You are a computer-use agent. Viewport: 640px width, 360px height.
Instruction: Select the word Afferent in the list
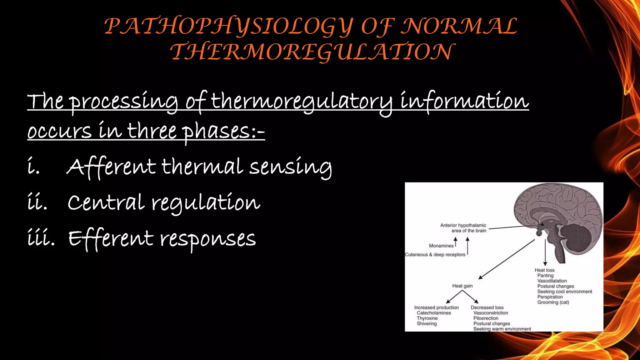click(x=111, y=167)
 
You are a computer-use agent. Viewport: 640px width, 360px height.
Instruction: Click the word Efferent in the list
click(x=111, y=239)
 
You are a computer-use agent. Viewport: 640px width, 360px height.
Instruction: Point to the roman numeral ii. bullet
click(x=37, y=203)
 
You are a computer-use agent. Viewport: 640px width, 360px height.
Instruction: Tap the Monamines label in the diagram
click(x=441, y=246)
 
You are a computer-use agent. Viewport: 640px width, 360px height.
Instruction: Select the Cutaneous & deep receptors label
click(x=435, y=255)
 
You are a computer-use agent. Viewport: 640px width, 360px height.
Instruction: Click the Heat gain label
click(x=462, y=286)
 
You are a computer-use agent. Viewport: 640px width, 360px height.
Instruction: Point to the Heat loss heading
click(x=544, y=270)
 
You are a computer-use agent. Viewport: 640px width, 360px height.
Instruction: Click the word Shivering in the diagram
click(x=427, y=324)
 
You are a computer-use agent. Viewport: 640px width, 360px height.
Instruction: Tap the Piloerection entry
click(x=486, y=318)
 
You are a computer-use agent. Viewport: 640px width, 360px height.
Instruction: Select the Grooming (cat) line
click(x=553, y=302)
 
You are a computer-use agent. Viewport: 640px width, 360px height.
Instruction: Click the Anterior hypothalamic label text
click(x=463, y=225)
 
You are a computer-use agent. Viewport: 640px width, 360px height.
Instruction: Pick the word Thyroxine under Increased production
click(x=427, y=318)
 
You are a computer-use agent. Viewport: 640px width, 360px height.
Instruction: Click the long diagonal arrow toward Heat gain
click(x=506, y=259)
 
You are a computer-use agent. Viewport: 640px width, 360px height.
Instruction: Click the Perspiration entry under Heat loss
click(x=550, y=297)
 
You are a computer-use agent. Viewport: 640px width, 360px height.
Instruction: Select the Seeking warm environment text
click(x=502, y=329)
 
